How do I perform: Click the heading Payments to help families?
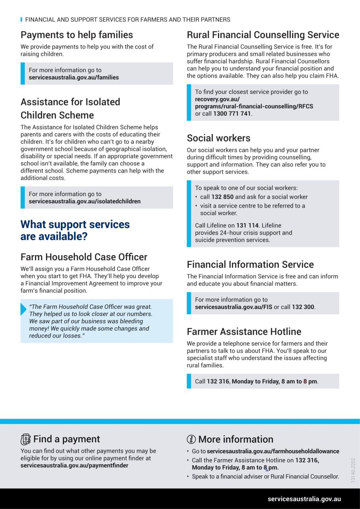coord(77,35)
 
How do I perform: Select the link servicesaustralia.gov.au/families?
coord(74,78)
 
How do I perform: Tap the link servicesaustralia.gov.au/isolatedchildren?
coord(84,202)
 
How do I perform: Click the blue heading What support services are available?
coord(75,230)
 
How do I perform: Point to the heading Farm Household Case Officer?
coord(84,257)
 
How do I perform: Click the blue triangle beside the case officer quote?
coord(23,309)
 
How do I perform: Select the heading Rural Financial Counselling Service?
coord(263,35)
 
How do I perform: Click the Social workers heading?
coord(218,138)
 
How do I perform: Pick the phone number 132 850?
coord(222,197)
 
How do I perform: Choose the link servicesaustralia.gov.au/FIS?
coord(234,307)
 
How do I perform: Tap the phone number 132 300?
coord(303,307)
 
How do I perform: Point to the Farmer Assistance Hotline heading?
coord(244,332)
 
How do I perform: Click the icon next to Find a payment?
coord(25,439)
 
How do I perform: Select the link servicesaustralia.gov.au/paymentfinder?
coord(74,466)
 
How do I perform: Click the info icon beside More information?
coord(191,439)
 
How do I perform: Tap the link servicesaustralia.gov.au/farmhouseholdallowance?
coord(273,451)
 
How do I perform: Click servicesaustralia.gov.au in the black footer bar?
coord(304,499)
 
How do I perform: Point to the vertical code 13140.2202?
coord(353,470)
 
